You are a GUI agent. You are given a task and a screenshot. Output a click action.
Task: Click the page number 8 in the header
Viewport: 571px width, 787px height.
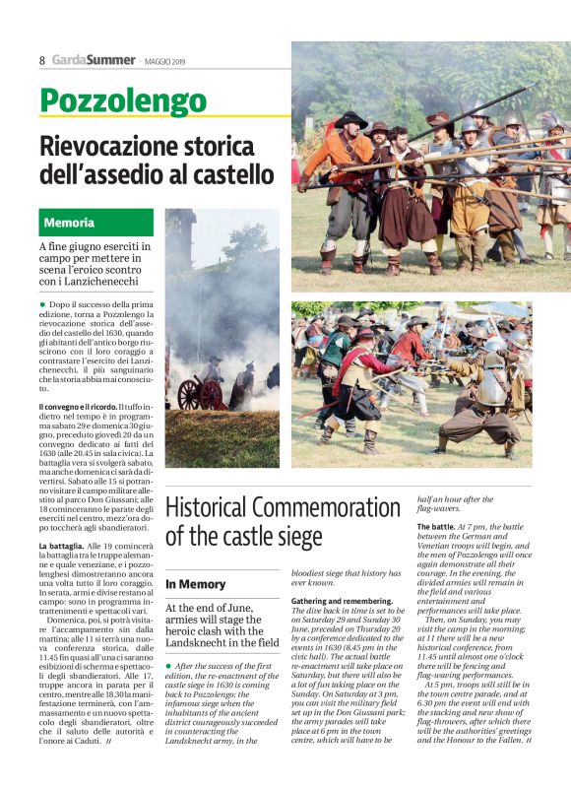click(42, 60)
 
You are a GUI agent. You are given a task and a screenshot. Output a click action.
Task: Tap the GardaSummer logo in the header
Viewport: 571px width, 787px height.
click(94, 60)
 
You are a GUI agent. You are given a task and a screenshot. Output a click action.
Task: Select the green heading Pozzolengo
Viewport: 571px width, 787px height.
click(123, 100)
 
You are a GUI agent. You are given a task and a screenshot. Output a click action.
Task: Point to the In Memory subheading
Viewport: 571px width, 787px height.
click(196, 584)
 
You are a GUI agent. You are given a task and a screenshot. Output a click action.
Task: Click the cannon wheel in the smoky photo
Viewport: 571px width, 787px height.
click(188, 394)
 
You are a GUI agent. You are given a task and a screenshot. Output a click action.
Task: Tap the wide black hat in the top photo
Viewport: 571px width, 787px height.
click(350, 120)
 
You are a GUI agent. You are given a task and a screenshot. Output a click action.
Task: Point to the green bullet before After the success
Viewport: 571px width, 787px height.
click(169, 666)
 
